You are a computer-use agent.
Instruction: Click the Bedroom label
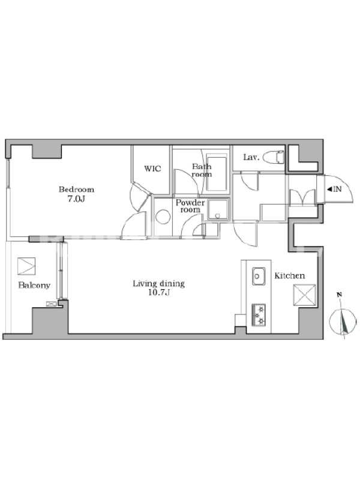pyautogui.click(x=76, y=190)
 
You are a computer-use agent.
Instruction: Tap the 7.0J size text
pyautogui.click(x=76, y=199)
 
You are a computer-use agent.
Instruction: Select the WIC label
pyautogui.click(x=152, y=169)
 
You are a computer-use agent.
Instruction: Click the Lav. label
pyautogui.click(x=251, y=157)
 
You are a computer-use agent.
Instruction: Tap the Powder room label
pyautogui.click(x=190, y=206)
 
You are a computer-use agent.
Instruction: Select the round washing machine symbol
pyautogui.click(x=163, y=217)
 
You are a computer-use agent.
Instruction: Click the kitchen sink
pyautogui.click(x=259, y=276)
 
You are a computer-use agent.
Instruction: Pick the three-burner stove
pyautogui.click(x=259, y=314)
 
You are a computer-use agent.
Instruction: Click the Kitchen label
pyautogui.click(x=290, y=276)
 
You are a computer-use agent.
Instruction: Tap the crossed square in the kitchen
pyautogui.click(x=304, y=295)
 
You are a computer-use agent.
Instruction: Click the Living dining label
pyautogui.click(x=159, y=284)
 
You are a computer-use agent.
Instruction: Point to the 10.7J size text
pyautogui.click(x=159, y=293)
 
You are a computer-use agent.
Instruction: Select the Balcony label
pyautogui.click(x=34, y=286)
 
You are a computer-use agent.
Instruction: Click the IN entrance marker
pyautogui.click(x=334, y=189)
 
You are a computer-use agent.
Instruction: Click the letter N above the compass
pyautogui.click(x=339, y=295)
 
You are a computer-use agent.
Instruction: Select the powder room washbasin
pyautogui.click(x=218, y=209)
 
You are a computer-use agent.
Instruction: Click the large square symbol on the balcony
pyautogui.click(x=26, y=266)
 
